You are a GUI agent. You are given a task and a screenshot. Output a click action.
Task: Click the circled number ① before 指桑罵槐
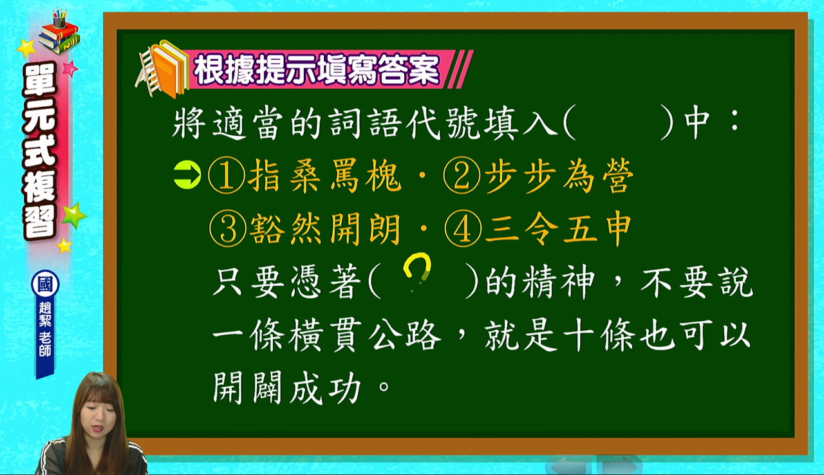pos(226,175)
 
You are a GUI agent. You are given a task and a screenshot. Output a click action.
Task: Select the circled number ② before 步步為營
pos(462,175)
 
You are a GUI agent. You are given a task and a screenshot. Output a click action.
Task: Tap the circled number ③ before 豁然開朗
pos(228,228)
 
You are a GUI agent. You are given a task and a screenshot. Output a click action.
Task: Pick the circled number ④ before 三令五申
pos(463,228)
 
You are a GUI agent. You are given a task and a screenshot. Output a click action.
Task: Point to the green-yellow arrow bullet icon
pos(187,175)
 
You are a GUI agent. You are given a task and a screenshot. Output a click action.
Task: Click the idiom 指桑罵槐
pos(324,176)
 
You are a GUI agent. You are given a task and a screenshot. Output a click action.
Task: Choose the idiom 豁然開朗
pos(324,228)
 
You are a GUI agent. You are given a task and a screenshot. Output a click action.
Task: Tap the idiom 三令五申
pos(558,228)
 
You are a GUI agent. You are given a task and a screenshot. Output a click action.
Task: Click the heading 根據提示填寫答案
pos(317,70)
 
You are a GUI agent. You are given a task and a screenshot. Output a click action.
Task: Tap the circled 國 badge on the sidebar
pos(45,284)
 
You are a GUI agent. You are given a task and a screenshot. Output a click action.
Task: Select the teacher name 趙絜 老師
pos(45,329)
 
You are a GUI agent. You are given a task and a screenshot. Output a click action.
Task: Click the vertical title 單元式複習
pos(40,151)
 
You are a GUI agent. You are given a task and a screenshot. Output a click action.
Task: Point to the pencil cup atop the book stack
pos(59,19)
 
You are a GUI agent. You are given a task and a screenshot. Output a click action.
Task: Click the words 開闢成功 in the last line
pos(287,387)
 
